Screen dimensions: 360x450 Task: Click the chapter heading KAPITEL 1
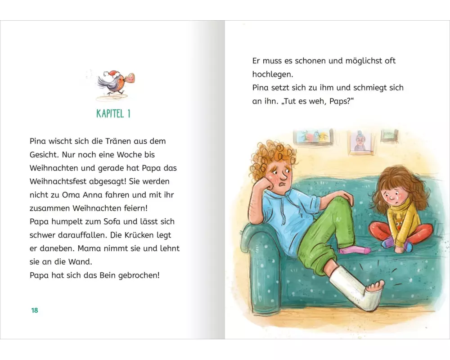(113, 113)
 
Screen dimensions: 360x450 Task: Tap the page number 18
(35, 310)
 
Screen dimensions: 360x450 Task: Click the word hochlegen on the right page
(273, 74)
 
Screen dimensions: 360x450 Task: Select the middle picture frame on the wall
(360, 141)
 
